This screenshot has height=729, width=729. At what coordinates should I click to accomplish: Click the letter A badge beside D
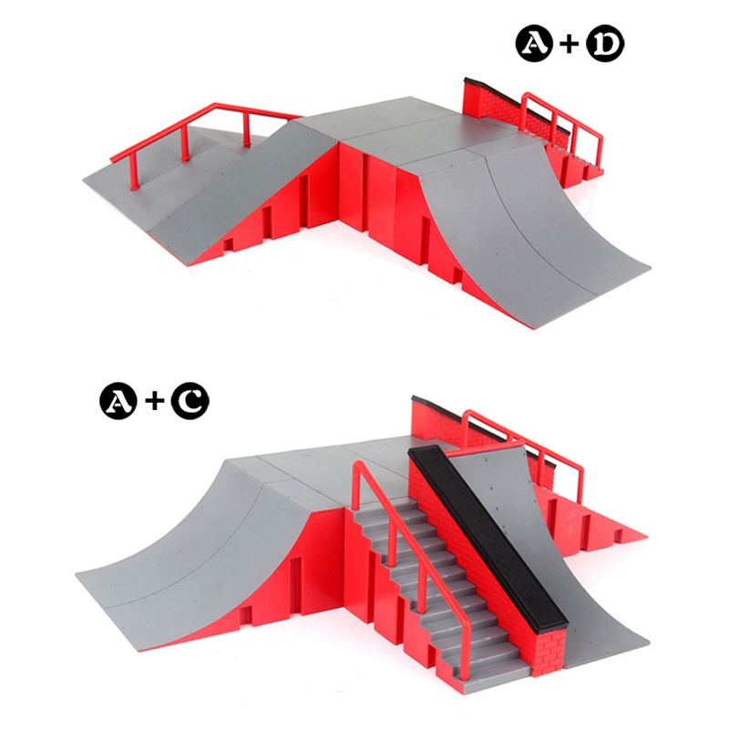[x=535, y=43]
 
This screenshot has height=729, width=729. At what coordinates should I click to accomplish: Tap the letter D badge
[x=604, y=43]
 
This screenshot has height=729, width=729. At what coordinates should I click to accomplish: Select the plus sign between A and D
[x=570, y=43]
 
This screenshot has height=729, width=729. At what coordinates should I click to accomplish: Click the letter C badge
[x=190, y=400]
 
